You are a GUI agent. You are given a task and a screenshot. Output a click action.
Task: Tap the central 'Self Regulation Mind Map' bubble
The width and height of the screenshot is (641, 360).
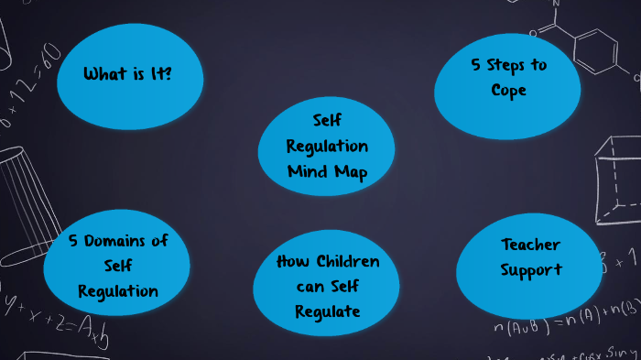[x=327, y=146]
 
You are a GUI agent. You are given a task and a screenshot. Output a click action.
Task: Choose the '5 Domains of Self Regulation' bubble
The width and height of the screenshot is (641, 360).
[x=119, y=266]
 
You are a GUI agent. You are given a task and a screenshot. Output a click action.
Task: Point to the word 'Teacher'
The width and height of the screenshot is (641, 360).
[x=530, y=245]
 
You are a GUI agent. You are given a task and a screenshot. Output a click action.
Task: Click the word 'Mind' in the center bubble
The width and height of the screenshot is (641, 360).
[x=308, y=171]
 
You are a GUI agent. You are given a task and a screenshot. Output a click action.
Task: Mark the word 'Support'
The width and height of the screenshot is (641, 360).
[x=530, y=270]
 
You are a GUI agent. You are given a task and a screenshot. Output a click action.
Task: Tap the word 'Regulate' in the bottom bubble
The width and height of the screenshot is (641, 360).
[x=327, y=311]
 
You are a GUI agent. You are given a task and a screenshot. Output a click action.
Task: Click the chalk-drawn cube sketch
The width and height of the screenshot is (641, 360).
[x=615, y=179]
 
